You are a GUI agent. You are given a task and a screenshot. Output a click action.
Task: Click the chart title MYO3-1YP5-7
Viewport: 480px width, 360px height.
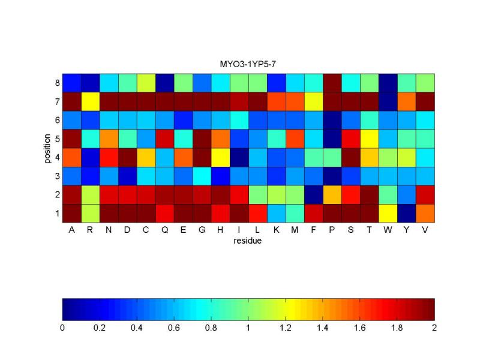click(248, 63)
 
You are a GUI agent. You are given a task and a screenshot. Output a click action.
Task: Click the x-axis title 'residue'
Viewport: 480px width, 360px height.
click(248, 241)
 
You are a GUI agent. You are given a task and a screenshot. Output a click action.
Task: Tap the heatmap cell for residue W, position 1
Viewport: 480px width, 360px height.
click(388, 213)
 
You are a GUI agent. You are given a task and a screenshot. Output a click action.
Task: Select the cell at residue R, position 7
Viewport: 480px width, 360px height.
click(90, 101)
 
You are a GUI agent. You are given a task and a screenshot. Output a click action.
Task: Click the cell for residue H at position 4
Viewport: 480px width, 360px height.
click(220, 157)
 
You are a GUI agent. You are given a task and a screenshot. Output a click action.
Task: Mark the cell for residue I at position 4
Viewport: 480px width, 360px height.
click(239, 157)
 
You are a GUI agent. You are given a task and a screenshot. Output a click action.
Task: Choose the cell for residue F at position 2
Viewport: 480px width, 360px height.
click(314, 194)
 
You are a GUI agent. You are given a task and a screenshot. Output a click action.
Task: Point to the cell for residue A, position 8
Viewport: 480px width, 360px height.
click(71, 82)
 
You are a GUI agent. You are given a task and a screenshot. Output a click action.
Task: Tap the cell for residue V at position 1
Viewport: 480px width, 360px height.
click(425, 213)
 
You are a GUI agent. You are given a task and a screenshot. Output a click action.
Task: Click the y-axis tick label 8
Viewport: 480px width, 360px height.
click(56, 83)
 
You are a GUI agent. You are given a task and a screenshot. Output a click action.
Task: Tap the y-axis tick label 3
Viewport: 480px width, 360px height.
click(56, 176)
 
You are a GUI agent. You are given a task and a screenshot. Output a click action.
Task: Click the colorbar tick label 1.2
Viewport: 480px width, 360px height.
click(286, 328)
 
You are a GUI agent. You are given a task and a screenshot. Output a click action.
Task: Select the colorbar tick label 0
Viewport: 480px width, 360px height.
click(62, 328)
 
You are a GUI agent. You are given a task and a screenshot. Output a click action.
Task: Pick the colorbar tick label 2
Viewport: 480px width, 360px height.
click(434, 328)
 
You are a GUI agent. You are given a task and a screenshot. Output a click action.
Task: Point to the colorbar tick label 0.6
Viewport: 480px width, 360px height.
click(174, 328)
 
